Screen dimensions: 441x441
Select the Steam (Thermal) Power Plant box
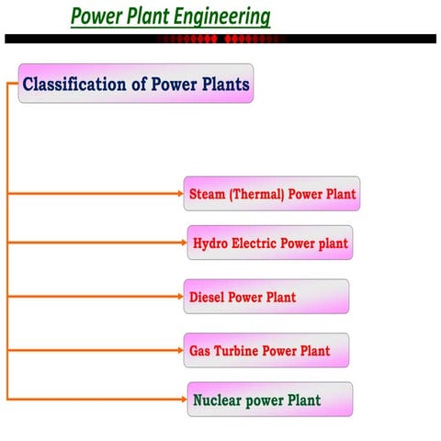272,194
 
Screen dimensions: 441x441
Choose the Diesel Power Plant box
266,297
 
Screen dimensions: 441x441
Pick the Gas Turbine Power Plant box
266,350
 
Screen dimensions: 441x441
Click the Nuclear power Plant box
269,400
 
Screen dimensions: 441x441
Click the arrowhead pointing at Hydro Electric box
184,243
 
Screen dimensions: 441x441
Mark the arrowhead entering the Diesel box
180,297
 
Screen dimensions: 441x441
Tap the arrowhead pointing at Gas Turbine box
180,350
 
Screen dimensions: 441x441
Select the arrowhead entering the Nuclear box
184,400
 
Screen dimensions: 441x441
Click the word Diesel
207,298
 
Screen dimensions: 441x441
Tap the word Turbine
237,351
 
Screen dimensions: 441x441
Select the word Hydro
210,244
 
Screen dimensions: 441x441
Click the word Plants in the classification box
226,85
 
